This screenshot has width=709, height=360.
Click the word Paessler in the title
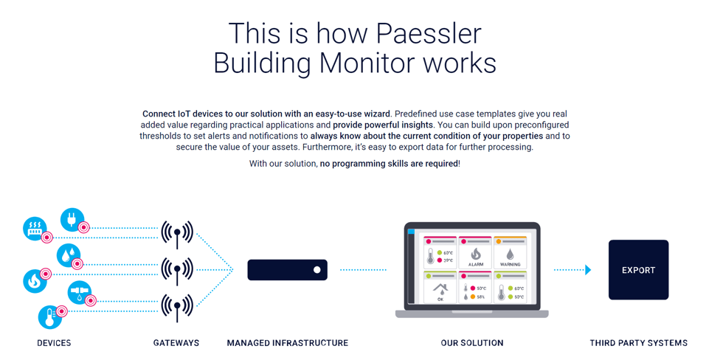point(429,33)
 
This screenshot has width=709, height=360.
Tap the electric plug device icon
point(72,220)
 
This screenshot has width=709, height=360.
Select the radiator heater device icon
point(35,229)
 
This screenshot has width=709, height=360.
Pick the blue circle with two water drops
point(68,256)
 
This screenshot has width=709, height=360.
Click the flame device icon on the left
point(34,281)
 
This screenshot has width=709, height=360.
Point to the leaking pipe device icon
point(80,292)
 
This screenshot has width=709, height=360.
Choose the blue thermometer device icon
point(50,317)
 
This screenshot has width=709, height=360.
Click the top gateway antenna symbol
point(177,234)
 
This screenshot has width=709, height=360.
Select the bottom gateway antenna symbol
point(177,306)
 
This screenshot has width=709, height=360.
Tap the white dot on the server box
point(317,270)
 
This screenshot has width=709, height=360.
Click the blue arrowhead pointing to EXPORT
point(588,270)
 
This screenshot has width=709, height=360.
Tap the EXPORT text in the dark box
point(638,271)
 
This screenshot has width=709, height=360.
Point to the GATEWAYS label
point(176,343)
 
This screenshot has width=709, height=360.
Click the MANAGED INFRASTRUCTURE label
point(287,343)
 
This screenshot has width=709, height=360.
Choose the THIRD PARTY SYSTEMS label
point(638,343)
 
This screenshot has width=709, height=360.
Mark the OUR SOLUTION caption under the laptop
point(472,343)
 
